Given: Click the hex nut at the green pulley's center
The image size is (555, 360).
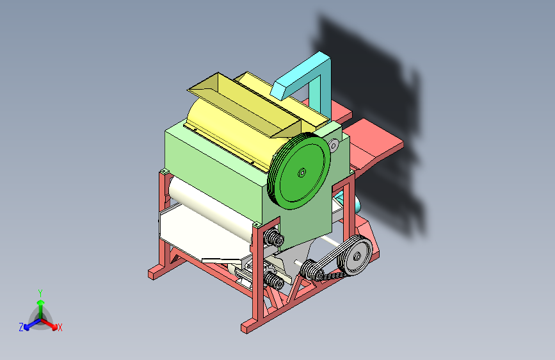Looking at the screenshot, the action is coord(302,172).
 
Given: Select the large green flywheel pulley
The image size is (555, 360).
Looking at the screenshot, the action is coord(300,171).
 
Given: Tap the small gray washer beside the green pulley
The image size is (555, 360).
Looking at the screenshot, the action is coord(334,145).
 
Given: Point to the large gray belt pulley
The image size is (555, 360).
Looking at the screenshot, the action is coord(355,256).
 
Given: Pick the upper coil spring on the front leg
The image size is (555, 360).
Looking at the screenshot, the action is coord(274,238).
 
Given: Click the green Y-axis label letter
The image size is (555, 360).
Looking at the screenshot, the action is coord(40,293).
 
